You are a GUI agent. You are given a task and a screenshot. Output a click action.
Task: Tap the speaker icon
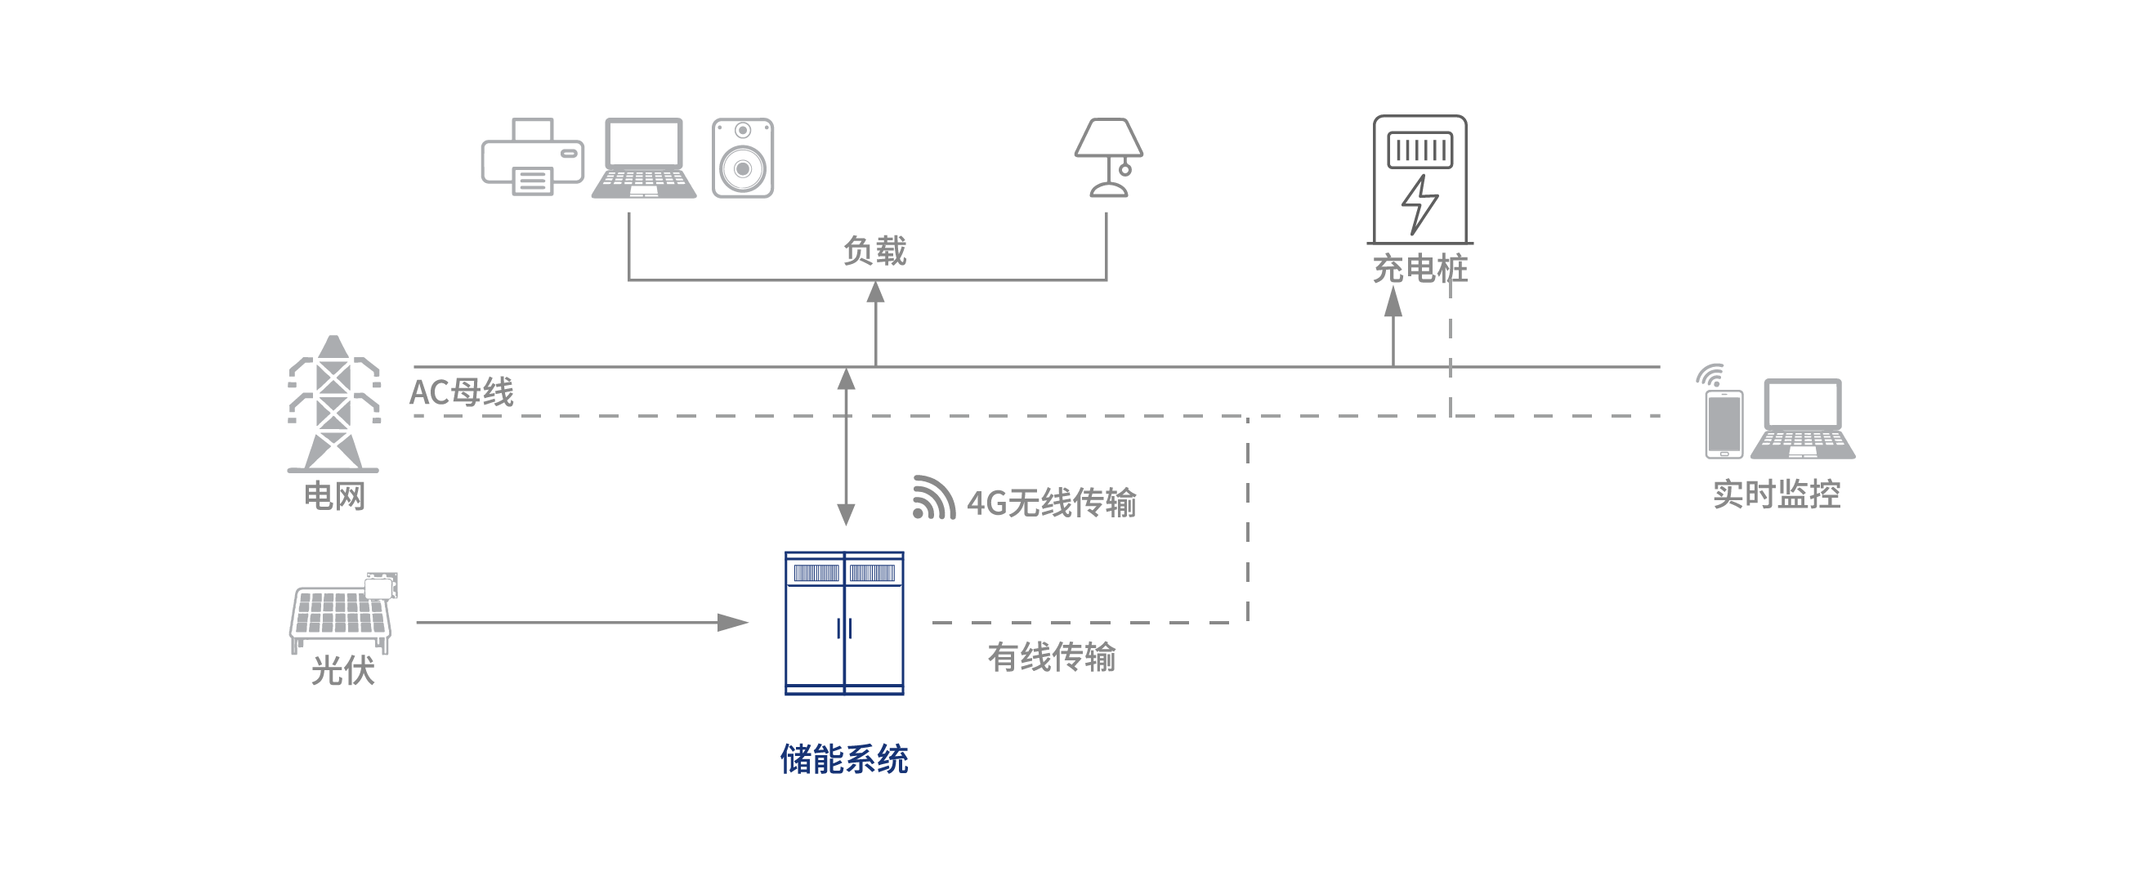click(x=742, y=159)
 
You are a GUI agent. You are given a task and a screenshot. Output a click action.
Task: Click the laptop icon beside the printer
click(x=644, y=159)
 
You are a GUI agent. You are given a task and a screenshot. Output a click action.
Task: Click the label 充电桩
click(x=1419, y=269)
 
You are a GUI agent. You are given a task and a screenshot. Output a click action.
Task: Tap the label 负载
click(x=874, y=251)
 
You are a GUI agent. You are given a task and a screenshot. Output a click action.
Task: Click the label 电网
click(x=335, y=497)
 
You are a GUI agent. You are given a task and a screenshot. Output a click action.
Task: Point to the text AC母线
click(x=462, y=392)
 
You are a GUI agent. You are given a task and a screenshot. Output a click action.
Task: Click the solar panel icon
click(x=342, y=612)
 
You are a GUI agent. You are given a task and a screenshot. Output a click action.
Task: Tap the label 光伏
click(x=342, y=671)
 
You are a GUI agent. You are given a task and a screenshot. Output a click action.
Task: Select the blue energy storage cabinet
click(x=844, y=623)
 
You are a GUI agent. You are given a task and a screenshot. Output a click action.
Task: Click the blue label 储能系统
click(x=844, y=759)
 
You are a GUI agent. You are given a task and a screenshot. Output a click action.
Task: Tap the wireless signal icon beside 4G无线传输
click(x=933, y=498)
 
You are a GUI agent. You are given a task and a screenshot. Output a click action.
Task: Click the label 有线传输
click(x=1051, y=658)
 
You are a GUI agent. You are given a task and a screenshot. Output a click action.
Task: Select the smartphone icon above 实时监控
click(x=1723, y=423)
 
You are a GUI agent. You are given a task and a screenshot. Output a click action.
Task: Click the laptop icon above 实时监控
click(x=1803, y=419)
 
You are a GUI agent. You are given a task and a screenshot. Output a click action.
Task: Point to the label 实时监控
click(x=1776, y=495)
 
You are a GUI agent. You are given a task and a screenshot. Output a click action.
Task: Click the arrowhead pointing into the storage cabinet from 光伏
click(x=733, y=623)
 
